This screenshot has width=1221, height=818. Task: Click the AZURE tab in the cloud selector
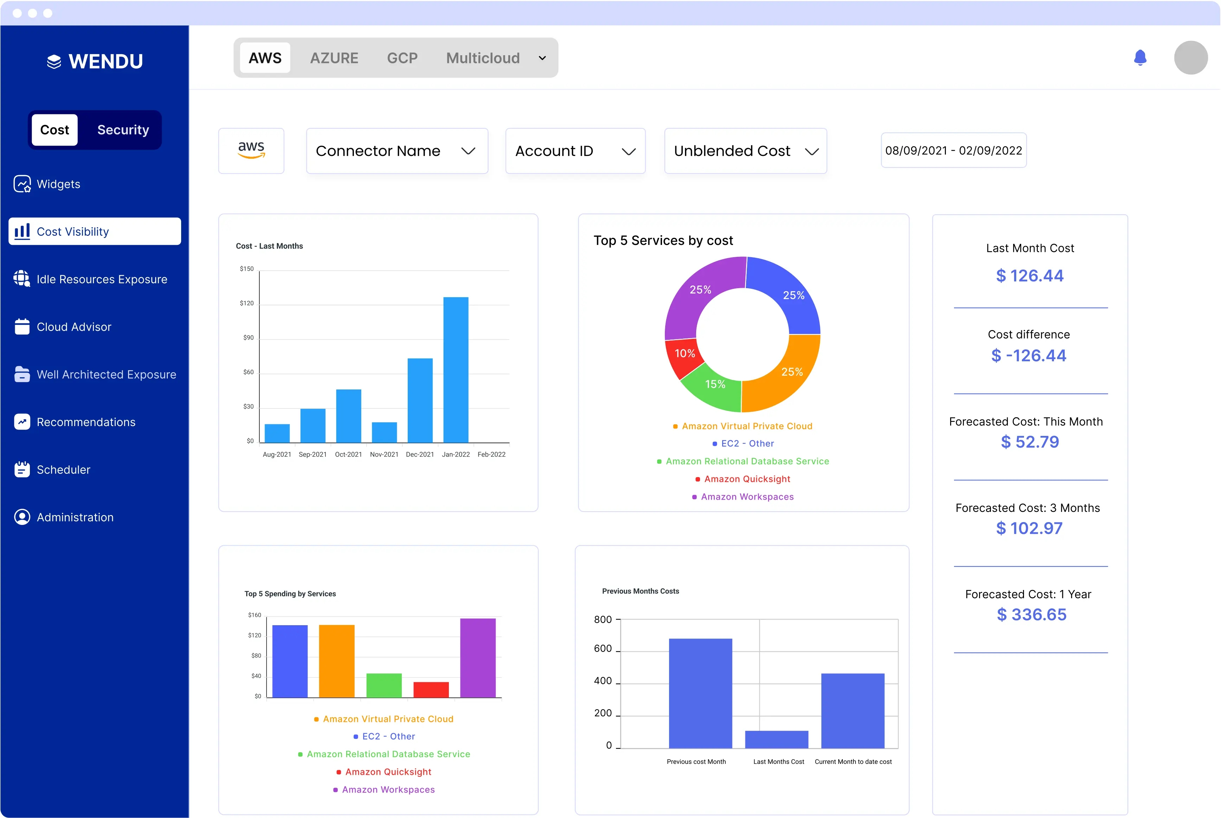(334, 58)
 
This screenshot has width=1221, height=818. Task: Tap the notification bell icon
(1140, 57)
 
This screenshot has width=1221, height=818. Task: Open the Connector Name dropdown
(396, 151)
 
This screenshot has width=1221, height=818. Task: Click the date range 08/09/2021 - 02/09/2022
(953, 150)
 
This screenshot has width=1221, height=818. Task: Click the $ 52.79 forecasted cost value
(1030, 442)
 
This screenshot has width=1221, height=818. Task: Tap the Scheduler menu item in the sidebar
(63, 470)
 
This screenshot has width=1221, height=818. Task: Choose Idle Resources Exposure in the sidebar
(102, 279)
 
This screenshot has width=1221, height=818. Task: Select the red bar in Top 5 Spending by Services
(431, 689)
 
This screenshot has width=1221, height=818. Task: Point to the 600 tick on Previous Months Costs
(603, 648)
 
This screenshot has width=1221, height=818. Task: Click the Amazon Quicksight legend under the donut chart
(746, 479)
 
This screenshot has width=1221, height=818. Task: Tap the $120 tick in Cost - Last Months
(247, 303)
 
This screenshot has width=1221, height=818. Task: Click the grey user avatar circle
(1190, 57)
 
